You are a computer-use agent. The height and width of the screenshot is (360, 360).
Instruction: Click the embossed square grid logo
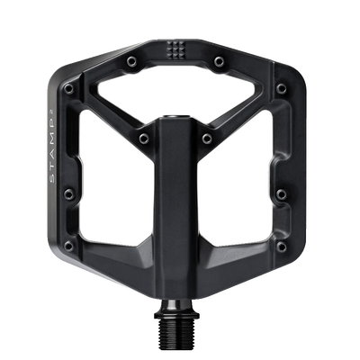point(175,49)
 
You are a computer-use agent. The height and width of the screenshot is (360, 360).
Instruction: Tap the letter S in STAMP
point(51,177)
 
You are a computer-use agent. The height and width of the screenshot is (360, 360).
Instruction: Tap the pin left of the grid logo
point(131,61)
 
